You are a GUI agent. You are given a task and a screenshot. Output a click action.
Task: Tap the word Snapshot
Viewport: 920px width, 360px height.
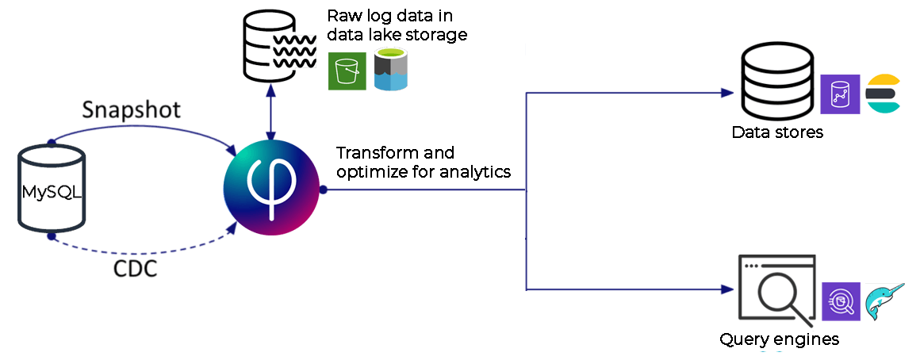131,110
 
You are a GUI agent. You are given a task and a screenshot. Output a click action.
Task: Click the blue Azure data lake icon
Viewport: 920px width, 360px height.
391,70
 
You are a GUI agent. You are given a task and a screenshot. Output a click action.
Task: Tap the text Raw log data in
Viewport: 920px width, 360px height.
389,15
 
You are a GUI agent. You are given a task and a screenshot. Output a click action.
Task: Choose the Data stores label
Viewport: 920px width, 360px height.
776,132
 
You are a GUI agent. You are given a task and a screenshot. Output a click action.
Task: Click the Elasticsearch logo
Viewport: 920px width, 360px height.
883,94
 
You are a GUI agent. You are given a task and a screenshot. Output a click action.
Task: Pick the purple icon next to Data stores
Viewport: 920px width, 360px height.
840,94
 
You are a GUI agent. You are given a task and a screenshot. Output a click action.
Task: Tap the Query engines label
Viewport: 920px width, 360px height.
779,339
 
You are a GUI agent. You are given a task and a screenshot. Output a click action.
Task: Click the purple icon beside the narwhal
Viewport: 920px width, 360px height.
841,301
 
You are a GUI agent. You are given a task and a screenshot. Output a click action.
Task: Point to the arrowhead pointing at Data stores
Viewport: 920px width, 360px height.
728,93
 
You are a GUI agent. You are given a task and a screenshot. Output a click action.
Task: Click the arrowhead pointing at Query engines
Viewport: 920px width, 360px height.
728,289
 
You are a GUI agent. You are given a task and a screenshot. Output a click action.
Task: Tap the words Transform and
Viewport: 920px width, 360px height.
395,153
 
